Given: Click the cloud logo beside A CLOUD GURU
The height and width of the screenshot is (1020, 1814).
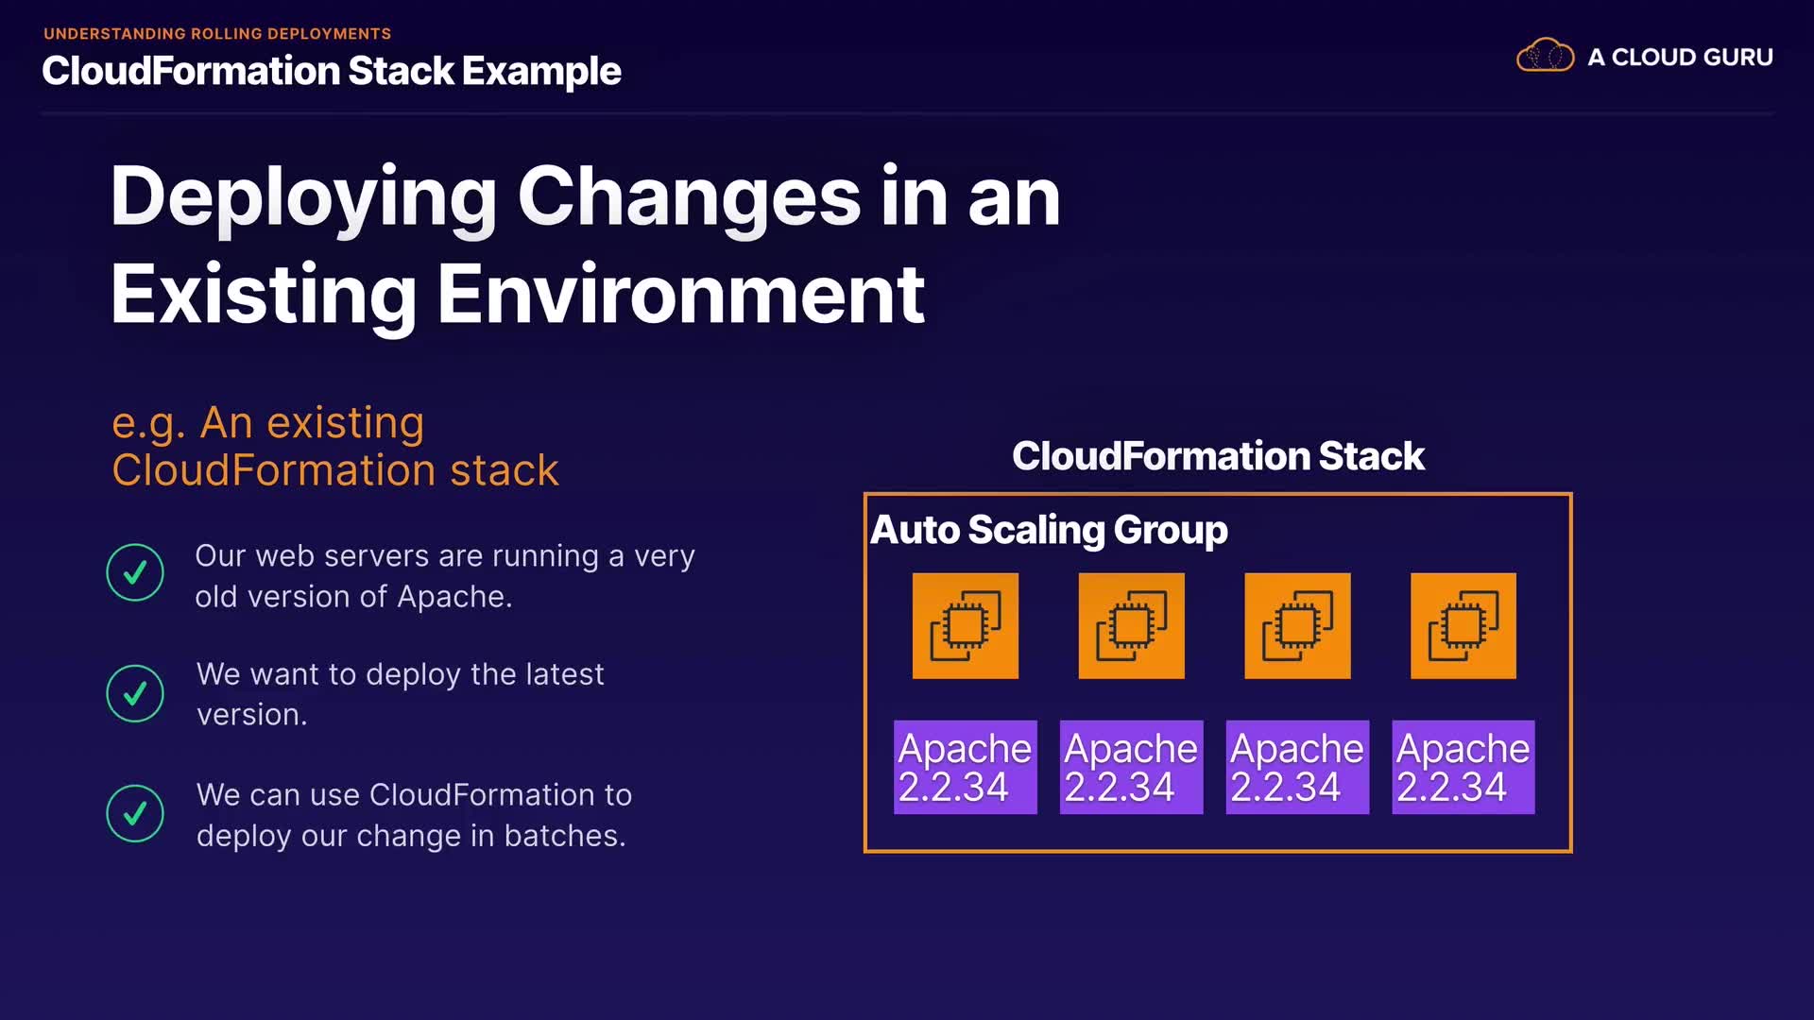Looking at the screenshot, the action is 1545,56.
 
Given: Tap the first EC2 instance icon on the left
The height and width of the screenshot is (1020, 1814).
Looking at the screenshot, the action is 966,625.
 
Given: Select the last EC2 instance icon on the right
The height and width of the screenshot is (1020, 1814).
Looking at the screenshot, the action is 1463,625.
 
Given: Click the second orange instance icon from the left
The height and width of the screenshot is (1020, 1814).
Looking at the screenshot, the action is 1132,625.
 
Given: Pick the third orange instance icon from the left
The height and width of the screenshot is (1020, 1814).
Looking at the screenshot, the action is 1297,625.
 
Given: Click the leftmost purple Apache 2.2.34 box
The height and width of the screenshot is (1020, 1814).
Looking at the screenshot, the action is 966,767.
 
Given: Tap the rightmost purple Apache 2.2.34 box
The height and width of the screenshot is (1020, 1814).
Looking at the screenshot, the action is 1463,767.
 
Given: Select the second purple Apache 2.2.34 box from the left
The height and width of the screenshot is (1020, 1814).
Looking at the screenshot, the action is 1132,767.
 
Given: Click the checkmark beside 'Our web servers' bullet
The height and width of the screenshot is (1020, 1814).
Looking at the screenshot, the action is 135,572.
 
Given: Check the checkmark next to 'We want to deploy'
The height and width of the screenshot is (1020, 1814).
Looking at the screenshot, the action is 135,693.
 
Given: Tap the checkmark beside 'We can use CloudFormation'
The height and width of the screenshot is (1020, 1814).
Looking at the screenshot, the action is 135,813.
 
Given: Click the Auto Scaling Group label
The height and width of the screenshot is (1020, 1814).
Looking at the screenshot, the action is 1049,530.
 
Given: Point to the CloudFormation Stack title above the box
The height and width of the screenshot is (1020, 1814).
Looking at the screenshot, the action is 1218,456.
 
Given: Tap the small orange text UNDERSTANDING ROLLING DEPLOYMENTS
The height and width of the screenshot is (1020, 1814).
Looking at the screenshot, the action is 217,34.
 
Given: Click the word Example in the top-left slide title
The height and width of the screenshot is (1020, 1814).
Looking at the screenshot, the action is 541,72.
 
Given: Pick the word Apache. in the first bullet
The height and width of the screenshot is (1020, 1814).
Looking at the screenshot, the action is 454,597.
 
